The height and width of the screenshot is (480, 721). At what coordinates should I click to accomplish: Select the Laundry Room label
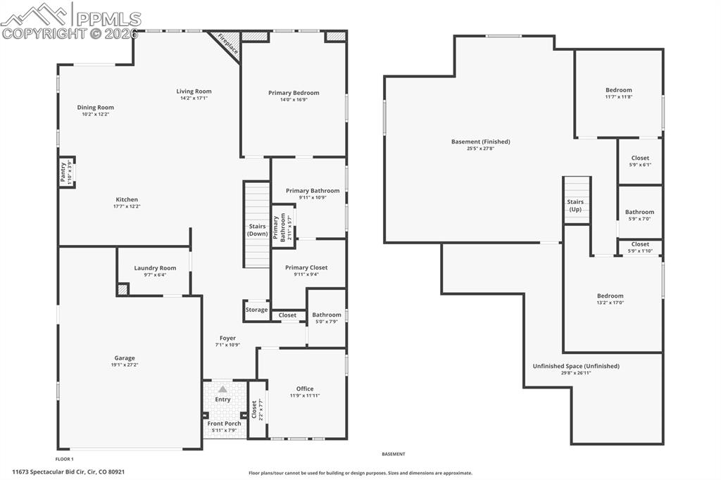155,267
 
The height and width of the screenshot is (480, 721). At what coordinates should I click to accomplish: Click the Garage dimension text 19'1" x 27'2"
125,365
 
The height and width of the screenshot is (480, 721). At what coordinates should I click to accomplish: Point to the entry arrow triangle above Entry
222,389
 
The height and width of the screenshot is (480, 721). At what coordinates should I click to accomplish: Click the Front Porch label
224,423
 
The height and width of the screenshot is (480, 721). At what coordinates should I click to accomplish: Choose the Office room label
305,389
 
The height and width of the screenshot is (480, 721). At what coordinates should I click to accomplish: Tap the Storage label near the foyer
256,310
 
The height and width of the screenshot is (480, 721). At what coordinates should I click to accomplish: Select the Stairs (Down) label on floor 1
257,229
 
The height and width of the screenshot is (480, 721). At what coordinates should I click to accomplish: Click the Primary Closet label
306,267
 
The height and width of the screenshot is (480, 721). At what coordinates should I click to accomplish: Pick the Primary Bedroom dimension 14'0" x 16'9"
294,99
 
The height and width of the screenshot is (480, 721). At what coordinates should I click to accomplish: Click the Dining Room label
95,107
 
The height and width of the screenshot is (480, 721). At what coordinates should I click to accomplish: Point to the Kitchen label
127,199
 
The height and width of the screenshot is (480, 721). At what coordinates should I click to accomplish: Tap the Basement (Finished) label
480,141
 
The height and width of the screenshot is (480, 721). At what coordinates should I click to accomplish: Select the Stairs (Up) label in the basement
575,206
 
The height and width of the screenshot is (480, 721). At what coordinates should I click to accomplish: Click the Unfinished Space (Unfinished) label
576,366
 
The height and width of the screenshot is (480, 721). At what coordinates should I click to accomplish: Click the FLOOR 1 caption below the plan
65,458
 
